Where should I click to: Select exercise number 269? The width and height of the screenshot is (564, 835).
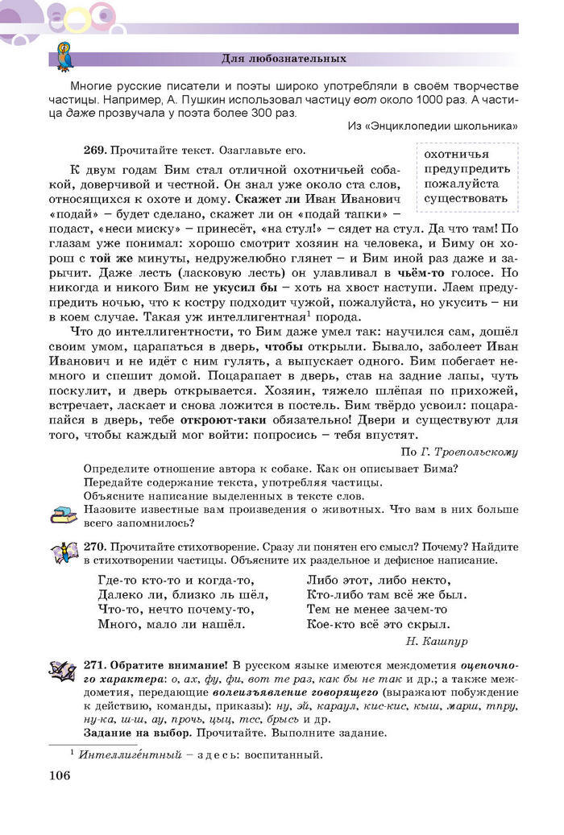[94, 150]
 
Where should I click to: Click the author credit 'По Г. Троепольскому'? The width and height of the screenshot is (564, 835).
[458, 452]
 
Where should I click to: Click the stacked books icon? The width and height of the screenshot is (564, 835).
[64, 513]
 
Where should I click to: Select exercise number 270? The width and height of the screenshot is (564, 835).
[94, 546]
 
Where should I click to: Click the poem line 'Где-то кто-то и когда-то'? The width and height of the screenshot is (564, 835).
[176, 581]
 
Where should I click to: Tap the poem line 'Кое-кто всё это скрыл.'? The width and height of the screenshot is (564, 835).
[377, 624]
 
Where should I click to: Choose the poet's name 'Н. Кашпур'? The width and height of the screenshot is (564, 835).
[435, 642]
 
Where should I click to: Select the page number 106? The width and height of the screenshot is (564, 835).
[60, 775]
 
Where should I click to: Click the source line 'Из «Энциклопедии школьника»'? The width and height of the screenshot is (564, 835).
[432, 126]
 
